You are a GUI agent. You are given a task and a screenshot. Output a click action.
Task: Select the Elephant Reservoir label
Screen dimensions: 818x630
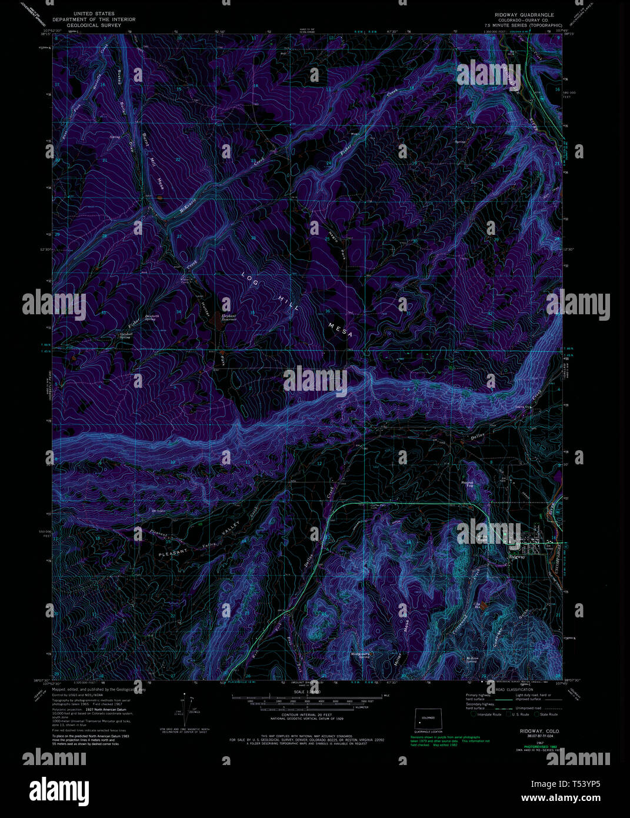228,317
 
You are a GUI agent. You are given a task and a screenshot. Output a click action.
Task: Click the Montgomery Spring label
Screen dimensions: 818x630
359,654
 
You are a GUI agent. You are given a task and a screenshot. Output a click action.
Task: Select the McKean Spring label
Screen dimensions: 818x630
471,660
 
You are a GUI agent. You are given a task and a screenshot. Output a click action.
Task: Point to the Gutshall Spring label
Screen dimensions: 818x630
125,335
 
